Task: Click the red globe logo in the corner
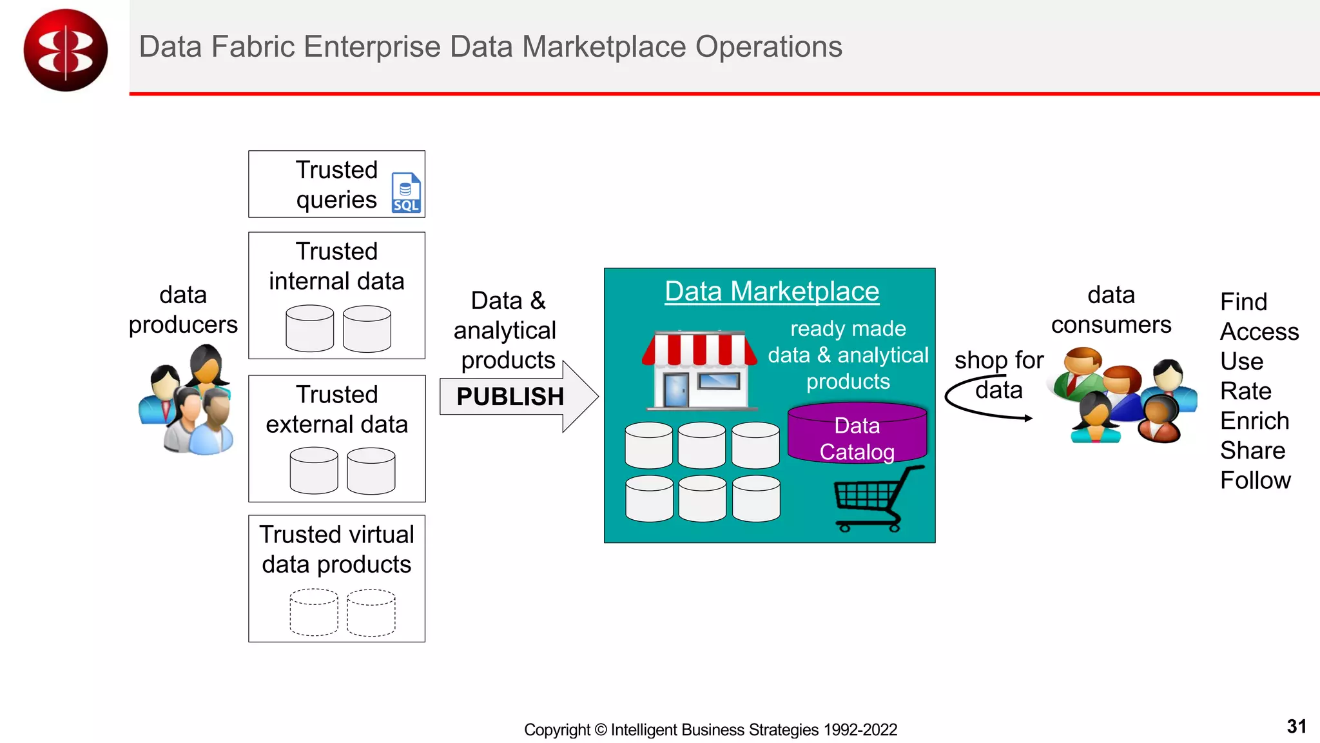(x=65, y=50)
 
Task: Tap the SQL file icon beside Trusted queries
(x=406, y=193)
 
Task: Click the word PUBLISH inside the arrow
(x=510, y=397)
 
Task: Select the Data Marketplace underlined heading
(x=772, y=292)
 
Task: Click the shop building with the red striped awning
(x=700, y=370)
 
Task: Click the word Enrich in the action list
(x=1254, y=421)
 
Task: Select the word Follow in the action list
(x=1255, y=480)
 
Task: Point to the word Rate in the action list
(x=1245, y=391)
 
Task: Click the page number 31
(x=1296, y=727)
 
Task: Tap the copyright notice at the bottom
(x=710, y=730)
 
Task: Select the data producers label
(x=183, y=310)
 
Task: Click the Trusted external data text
(x=336, y=410)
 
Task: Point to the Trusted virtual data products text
(x=336, y=550)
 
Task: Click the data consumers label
(x=1111, y=310)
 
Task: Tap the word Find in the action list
(x=1243, y=302)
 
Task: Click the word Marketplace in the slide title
(x=604, y=47)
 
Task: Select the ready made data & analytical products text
(x=848, y=355)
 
